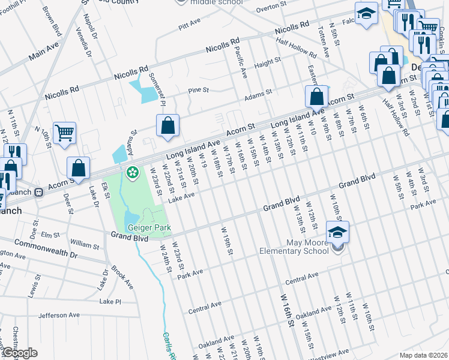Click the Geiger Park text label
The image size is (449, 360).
tap(149, 228)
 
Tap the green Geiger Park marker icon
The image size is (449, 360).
tap(132, 173)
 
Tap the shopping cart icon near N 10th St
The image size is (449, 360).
tap(65, 133)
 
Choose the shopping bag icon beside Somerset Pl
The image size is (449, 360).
tap(169, 125)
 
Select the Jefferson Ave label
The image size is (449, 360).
tap(59, 315)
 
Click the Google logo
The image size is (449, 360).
tap(20, 353)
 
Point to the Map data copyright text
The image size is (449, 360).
tap(424, 355)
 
